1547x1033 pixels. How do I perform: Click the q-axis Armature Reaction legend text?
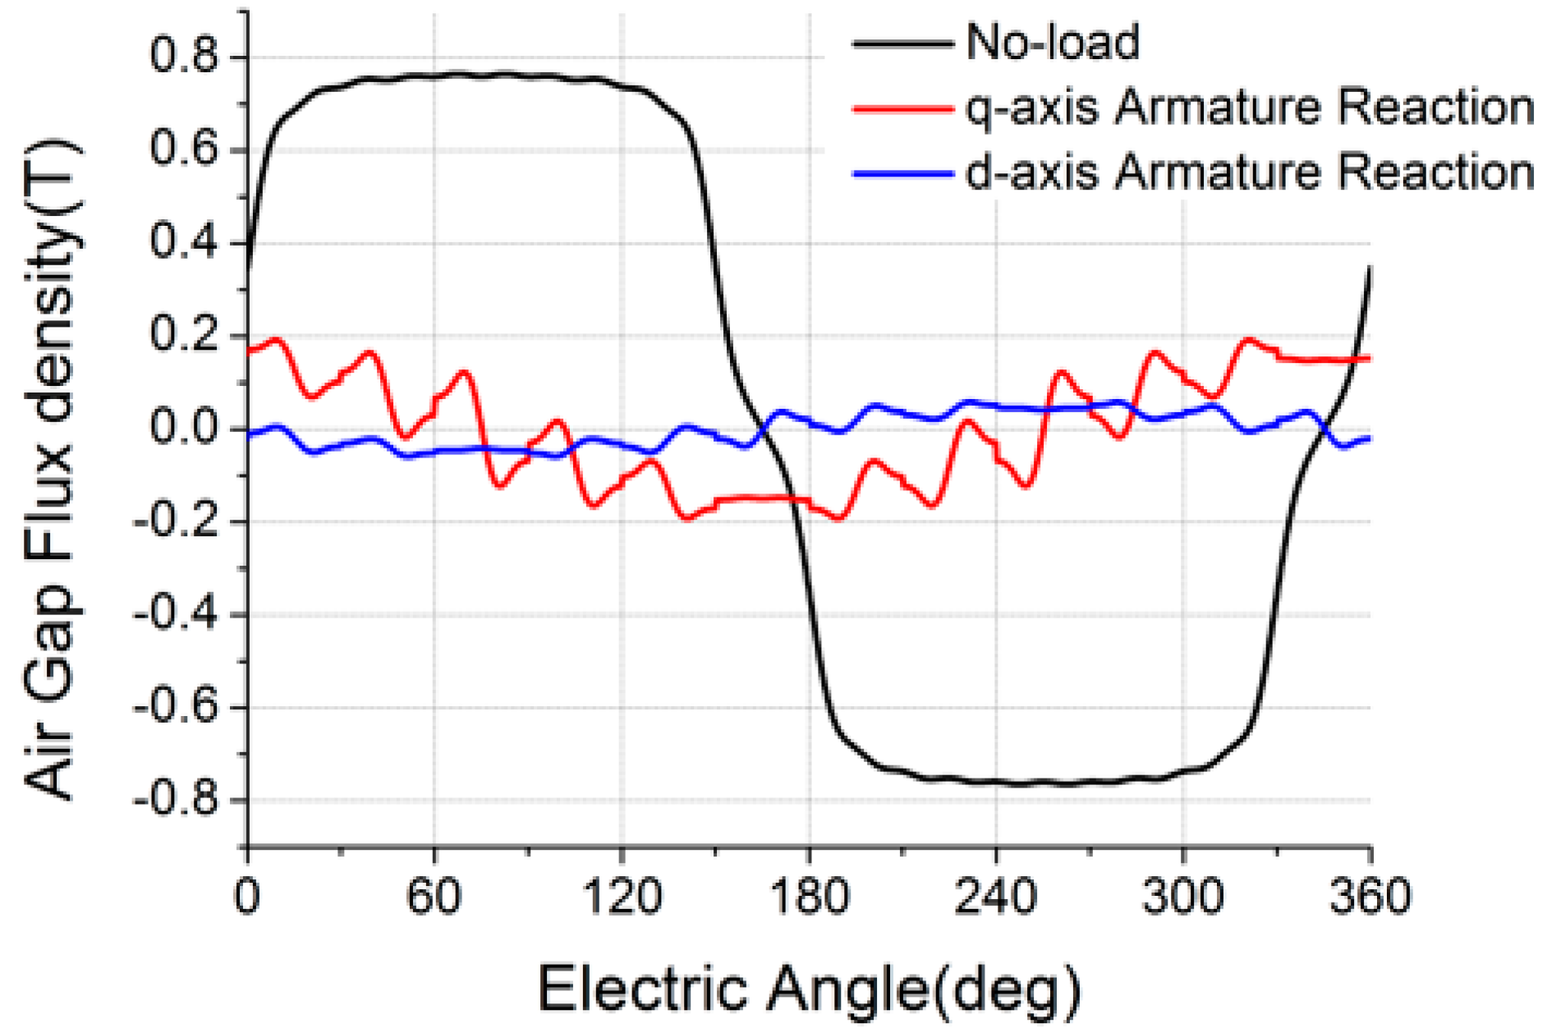(1249, 108)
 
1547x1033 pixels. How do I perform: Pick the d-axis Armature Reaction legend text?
(1249, 173)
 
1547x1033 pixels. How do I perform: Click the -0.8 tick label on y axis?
(177, 800)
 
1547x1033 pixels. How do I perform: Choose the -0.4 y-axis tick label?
(177, 614)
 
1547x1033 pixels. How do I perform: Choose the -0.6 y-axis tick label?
(177, 707)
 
